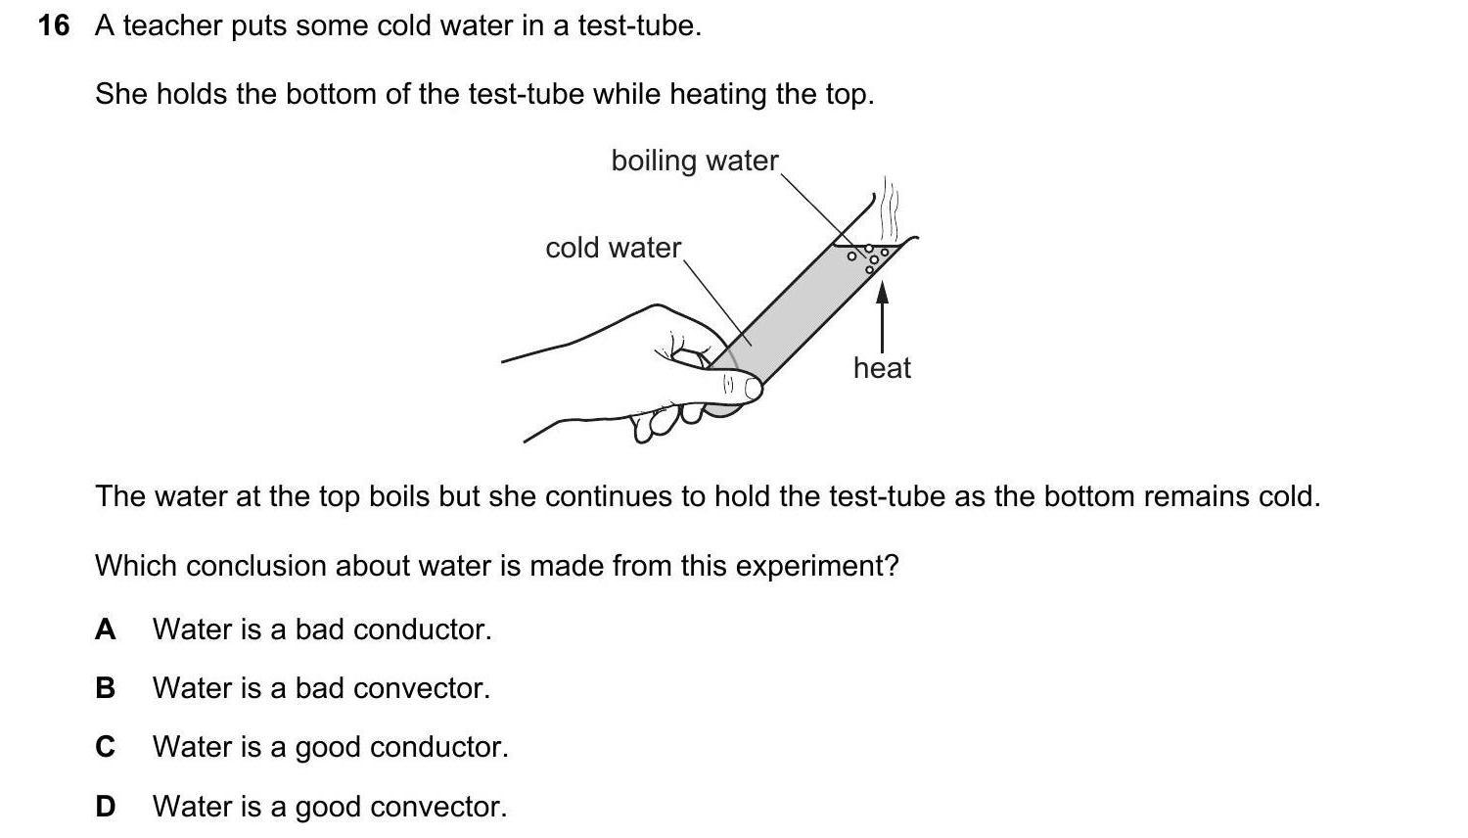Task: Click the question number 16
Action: pyautogui.click(x=54, y=26)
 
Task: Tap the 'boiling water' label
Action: pyautogui.click(x=695, y=161)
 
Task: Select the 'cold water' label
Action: pyautogui.click(x=614, y=248)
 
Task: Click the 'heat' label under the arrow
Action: pyautogui.click(x=882, y=368)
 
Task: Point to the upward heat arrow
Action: pyautogui.click(x=882, y=317)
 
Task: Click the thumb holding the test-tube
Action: pyautogui.click(x=734, y=385)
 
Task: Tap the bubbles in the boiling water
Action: pyautogui.click(x=869, y=258)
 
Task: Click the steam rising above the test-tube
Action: pyautogui.click(x=890, y=209)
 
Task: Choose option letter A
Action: pyautogui.click(x=105, y=629)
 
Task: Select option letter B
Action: pyautogui.click(x=105, y=688)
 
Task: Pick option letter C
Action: pyautogui.click(x=105, y=747)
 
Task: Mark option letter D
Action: pyautogui.click(x=105, y=807)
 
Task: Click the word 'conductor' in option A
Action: pyautogui.click(x=422, y=629)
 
